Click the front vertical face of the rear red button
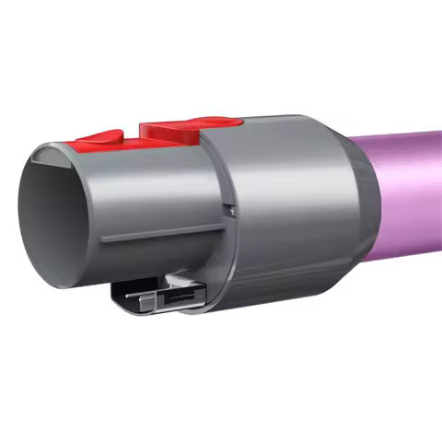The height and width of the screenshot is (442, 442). [x=152, y=134]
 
